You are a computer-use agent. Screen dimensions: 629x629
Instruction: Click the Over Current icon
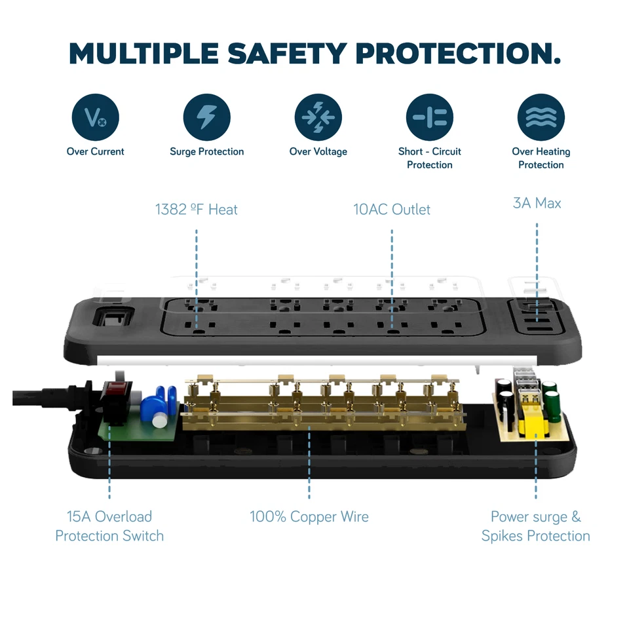pyautogui.click(x=95, y=118)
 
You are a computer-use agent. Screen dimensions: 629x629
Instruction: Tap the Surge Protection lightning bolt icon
pyautogui.click(x=206, y=118)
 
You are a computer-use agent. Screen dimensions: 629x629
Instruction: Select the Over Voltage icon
pyautogui.click(x=318, y=118)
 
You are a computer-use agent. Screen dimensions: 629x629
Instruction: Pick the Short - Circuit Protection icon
pyautogui.click(x=429, y=118)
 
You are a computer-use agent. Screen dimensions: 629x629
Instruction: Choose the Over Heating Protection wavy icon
pyautogui.click(x=541, y=118)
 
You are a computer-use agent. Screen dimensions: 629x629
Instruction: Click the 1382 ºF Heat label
pyautogui.click(x=196, y=210)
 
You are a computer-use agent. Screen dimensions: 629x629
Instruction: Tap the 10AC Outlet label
pyautogui.click(x=392, y=210)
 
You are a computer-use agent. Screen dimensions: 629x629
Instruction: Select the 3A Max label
pyautogui.click(x=537, y=203)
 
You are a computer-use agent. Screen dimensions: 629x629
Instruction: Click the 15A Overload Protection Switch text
pyautogui.click(x=109, y=526)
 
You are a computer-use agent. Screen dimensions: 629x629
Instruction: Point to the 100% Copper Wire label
pyautogui.click(x=309, y=517)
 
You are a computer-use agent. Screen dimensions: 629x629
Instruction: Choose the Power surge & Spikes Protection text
pyautogui.click(x=535, y=526)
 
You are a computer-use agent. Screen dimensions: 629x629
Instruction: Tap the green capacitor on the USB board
pyautogui.click(x=553, y=403)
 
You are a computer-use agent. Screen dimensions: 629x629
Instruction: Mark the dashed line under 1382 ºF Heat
pyautogui.click(x=196, y=262)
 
